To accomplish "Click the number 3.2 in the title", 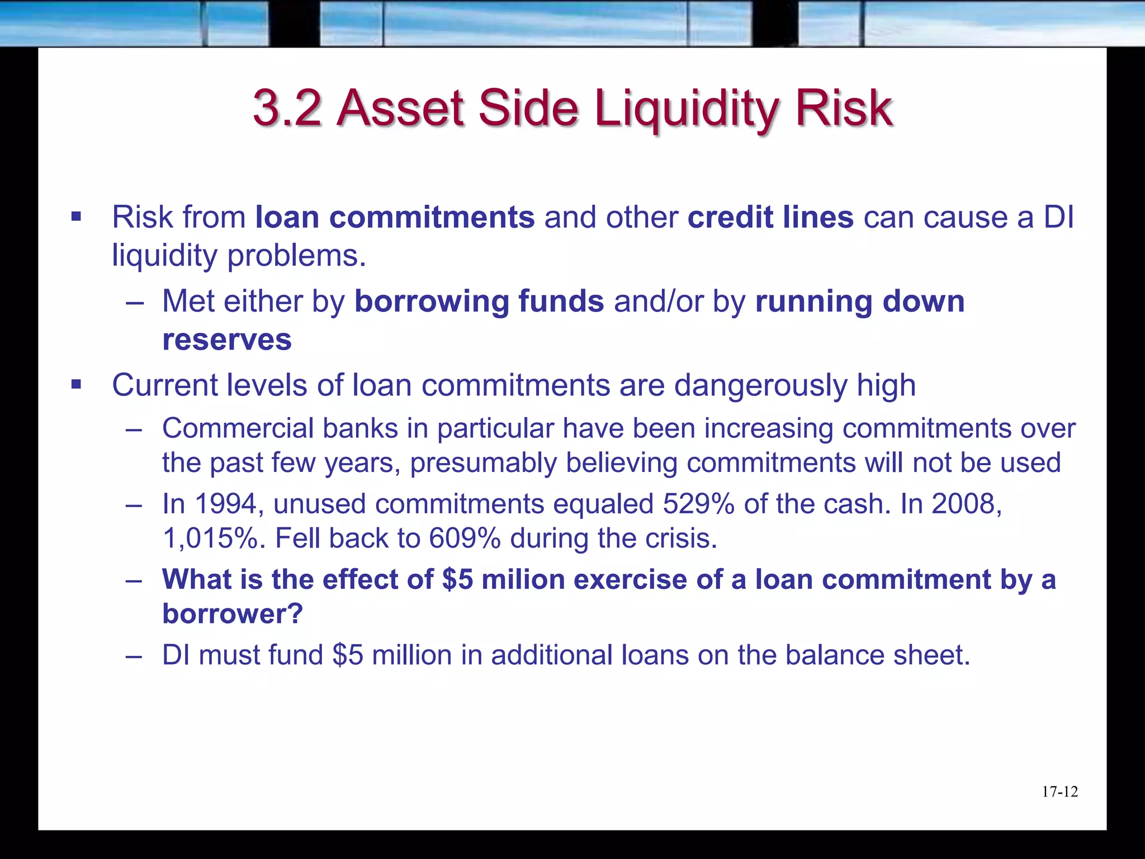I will coord(287,107).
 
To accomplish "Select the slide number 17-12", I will coord(1059,792).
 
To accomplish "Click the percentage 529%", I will coord(698,504).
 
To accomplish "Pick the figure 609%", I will coord(465,539).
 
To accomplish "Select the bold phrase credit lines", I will coord(770,217).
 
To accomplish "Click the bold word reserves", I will coord(227,339).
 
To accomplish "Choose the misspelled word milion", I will coord(523,579).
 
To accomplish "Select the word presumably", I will coord(483,463).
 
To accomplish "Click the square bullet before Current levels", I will coord(77,385).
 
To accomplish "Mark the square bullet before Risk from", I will coord(77,216).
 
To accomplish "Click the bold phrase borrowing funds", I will coord(479,301).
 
